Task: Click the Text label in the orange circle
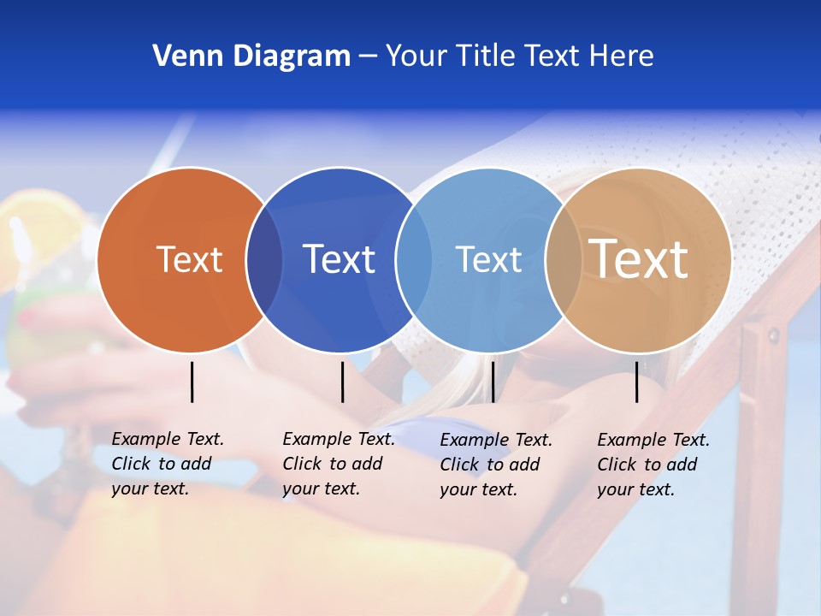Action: [x=189, y=259]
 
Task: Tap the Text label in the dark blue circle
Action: [x=339, y=259]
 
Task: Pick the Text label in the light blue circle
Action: [x=488, y=259]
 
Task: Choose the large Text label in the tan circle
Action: [x=638, y=258]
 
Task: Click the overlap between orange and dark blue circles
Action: [x=264, y=260]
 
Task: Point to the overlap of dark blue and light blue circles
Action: [x=414, y=260]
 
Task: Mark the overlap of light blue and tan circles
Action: [x=563, y=260]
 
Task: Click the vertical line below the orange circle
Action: [x=192, y=382]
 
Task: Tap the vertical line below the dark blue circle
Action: [x=342, y=382]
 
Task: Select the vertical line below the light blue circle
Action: [x=493, y=382]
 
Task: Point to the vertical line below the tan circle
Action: [x=637, y=382]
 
